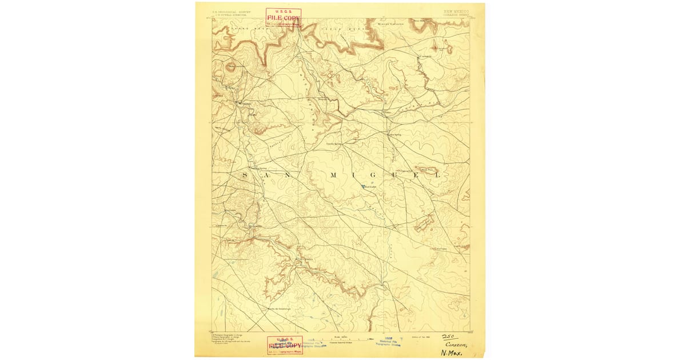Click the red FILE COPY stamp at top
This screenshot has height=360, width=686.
[284, 17]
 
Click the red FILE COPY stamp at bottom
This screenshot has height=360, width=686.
[285, 345]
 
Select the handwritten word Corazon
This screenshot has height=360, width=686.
[457, 344]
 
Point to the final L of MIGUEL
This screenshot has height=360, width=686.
[438, 175]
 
